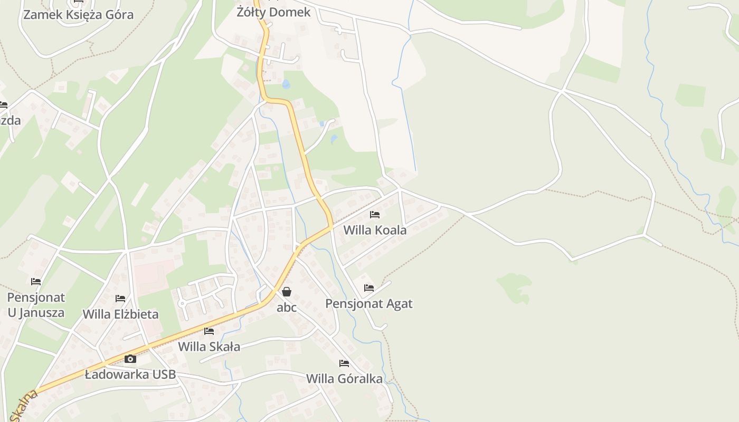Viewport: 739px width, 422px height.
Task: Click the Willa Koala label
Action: (x=375, y=231)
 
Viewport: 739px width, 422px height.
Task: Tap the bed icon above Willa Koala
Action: (x=375, y=215)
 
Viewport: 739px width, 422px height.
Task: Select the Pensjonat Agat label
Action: (x=368, y=304)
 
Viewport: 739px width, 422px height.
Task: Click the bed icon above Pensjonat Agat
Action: (x=369, y=288)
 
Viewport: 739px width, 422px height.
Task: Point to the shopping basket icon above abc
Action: (x=287, y=291)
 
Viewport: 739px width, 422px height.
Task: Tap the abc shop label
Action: (x=287, y=307)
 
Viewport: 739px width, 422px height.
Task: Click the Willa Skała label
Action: (x=209, y=347)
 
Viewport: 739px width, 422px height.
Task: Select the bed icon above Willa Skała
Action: (x=209, y=331)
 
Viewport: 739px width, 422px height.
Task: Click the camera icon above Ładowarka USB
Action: (x=130, y=359)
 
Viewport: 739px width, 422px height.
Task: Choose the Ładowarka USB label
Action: (x=130, y=375)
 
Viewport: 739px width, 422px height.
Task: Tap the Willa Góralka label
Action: (x=344, y=379)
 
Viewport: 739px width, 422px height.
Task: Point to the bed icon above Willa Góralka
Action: (x=344, y=363)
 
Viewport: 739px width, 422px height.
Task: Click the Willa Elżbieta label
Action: (x=120, y=314)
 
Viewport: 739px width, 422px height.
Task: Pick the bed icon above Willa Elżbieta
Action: (x=120, y=299)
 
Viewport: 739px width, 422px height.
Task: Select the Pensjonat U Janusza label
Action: (x=36, y=305)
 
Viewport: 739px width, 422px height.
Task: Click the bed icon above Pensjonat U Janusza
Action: (x=36, y=282)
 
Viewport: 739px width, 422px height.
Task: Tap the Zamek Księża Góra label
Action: (x=78, y=15)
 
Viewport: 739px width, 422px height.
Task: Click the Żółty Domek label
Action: (x=273, y=12)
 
